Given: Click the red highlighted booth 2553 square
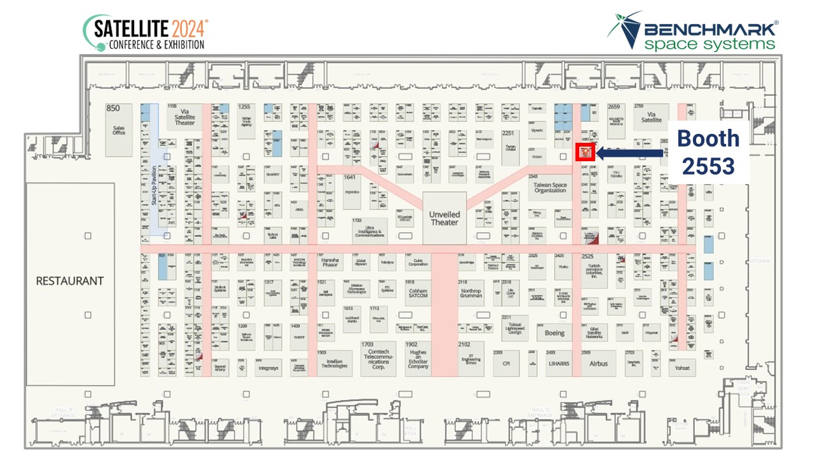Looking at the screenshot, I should [584, 152].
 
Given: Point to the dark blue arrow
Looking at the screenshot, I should [629, 153].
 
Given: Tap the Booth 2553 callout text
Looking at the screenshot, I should [708, 152].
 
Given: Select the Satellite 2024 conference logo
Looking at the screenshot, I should [145, 34].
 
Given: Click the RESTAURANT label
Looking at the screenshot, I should [69, 281].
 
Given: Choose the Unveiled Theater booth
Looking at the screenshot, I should [444, 218].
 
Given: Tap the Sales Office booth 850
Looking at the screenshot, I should [118, 130].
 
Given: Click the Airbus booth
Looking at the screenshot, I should [598, 363].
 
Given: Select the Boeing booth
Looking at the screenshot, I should [554, 333].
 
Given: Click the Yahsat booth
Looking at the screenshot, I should [682, 368].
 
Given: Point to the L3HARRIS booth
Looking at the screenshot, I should [558, 363].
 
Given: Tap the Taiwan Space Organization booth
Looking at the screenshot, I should [550, 188].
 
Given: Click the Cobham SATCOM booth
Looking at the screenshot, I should [418, 293].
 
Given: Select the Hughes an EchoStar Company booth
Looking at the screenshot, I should [418, 359].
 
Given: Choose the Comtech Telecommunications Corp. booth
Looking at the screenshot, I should [378, 359].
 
